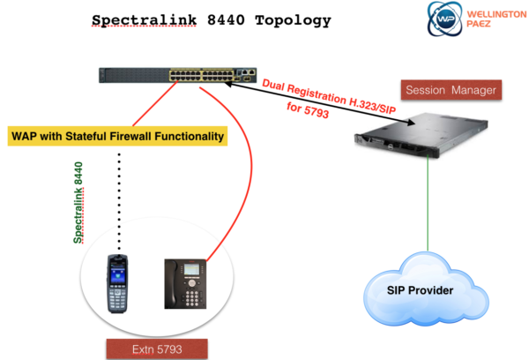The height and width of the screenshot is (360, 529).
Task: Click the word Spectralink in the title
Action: click(x=144, y=20)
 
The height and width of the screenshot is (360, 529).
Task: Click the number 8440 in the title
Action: click(x=226, y=20)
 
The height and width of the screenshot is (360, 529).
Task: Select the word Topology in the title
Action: click(x=293, y=21)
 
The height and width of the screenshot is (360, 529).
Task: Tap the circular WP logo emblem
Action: click(x=444, y=19)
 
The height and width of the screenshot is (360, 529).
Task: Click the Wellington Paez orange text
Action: click(x=496, y=19)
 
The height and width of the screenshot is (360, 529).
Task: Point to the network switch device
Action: click(x=177, y=75)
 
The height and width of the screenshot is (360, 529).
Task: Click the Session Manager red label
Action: click(x=451, y=90)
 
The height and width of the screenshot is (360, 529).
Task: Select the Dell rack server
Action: click(x=421, y=136)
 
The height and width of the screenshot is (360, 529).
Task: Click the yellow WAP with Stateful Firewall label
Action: click(x=117, y=136)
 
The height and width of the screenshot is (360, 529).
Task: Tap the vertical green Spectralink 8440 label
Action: click(x=78, y=203)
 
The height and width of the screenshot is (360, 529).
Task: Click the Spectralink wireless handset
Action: click(x=117, y=284)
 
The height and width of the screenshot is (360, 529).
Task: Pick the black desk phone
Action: click(x=185, y=284)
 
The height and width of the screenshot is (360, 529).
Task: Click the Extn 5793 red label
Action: click(x=157, y=349)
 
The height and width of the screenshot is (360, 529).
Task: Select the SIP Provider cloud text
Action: click(x=420, y=290)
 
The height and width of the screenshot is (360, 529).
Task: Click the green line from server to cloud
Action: click(x=428, y=203)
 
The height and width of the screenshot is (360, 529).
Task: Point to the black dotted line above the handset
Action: click(x=119, y=202)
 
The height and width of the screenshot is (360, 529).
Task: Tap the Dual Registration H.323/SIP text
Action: click(x=329, y=96)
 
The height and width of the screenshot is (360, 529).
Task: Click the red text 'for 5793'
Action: click(x=308, y=110)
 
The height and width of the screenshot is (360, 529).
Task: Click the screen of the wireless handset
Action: click(x=117, y=274)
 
